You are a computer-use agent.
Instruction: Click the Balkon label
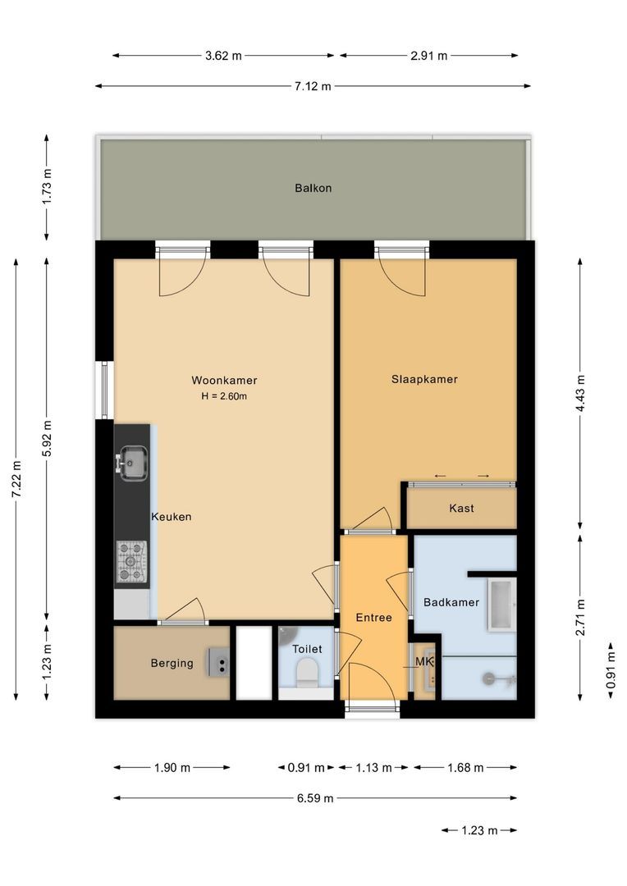(x=313, y=188)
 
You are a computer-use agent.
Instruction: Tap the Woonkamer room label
(x=224, y=380)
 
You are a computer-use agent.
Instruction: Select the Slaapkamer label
(x=424, y=379)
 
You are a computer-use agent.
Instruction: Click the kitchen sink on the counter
(x=132, y=462)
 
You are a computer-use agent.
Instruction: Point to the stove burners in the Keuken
(x=131, y=561)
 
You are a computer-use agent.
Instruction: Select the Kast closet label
(x=461, y=508)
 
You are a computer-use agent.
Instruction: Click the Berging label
(x=172, y=663)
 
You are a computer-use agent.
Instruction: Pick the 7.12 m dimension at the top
(x=313, y=86)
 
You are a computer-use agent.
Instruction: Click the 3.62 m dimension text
(x=223, y=56)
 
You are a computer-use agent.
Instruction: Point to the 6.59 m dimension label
(x=314, y=797)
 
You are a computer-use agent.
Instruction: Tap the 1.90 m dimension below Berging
(x=172, y=768)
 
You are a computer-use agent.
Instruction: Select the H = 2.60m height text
(x=224, y=396)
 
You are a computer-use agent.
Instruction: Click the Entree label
(x=373, y=617)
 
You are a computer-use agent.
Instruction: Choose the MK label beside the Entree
(x=423, y=661)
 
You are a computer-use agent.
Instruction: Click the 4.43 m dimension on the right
(x=581, y=395)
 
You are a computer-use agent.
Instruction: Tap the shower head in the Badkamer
(x=490, y=678)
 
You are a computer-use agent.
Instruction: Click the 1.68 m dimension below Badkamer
(x=465, y=768)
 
